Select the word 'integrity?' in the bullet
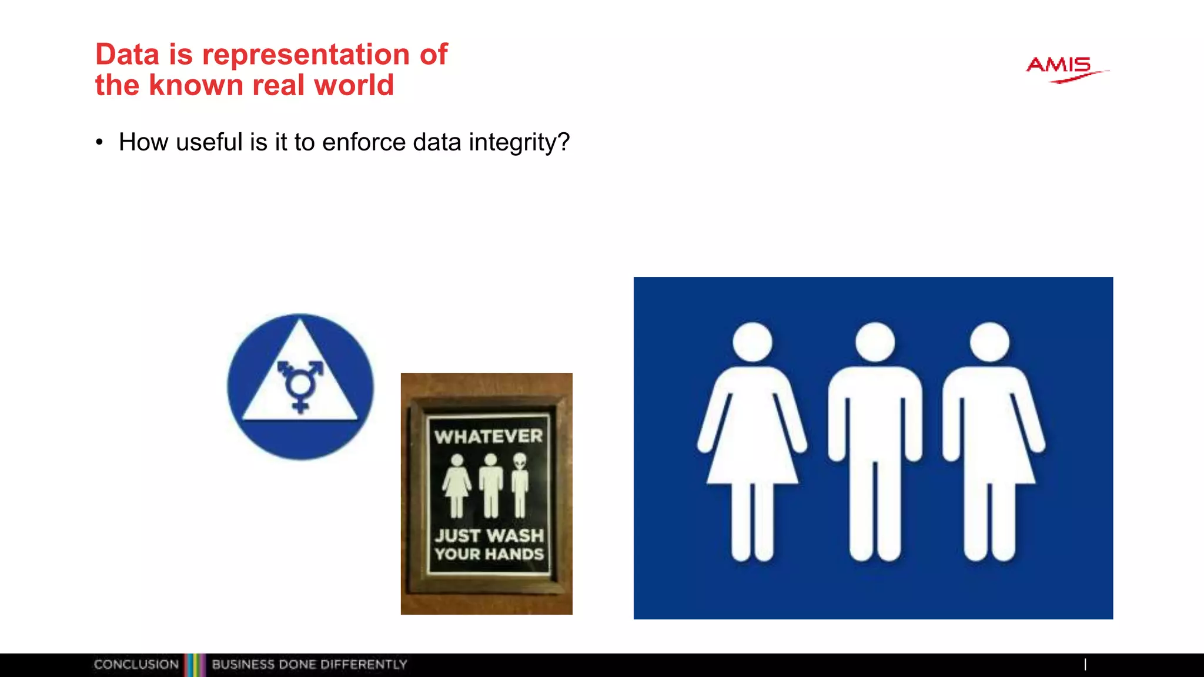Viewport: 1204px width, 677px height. click(519, 142)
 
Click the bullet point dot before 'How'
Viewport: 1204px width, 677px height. click(99, 142)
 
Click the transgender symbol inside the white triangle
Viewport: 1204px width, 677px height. click(300, 385)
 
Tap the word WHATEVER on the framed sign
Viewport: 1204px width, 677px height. click(489, 437)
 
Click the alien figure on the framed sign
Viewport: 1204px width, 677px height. click(520, 484)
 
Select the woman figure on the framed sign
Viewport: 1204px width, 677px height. click(457, 484)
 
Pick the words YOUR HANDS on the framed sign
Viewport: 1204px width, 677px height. click(489, 554)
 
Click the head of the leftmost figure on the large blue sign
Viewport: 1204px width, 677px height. click(752, 341)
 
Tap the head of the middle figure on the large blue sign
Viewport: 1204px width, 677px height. click(875, 341)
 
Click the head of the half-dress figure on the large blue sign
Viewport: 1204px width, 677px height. click(990, 341)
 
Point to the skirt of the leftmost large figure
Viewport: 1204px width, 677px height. click(752, 453)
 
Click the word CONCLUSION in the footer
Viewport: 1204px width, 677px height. click(136, 665)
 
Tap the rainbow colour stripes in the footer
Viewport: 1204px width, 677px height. click(195, 665)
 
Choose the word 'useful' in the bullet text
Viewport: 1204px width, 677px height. click(209, 142)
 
